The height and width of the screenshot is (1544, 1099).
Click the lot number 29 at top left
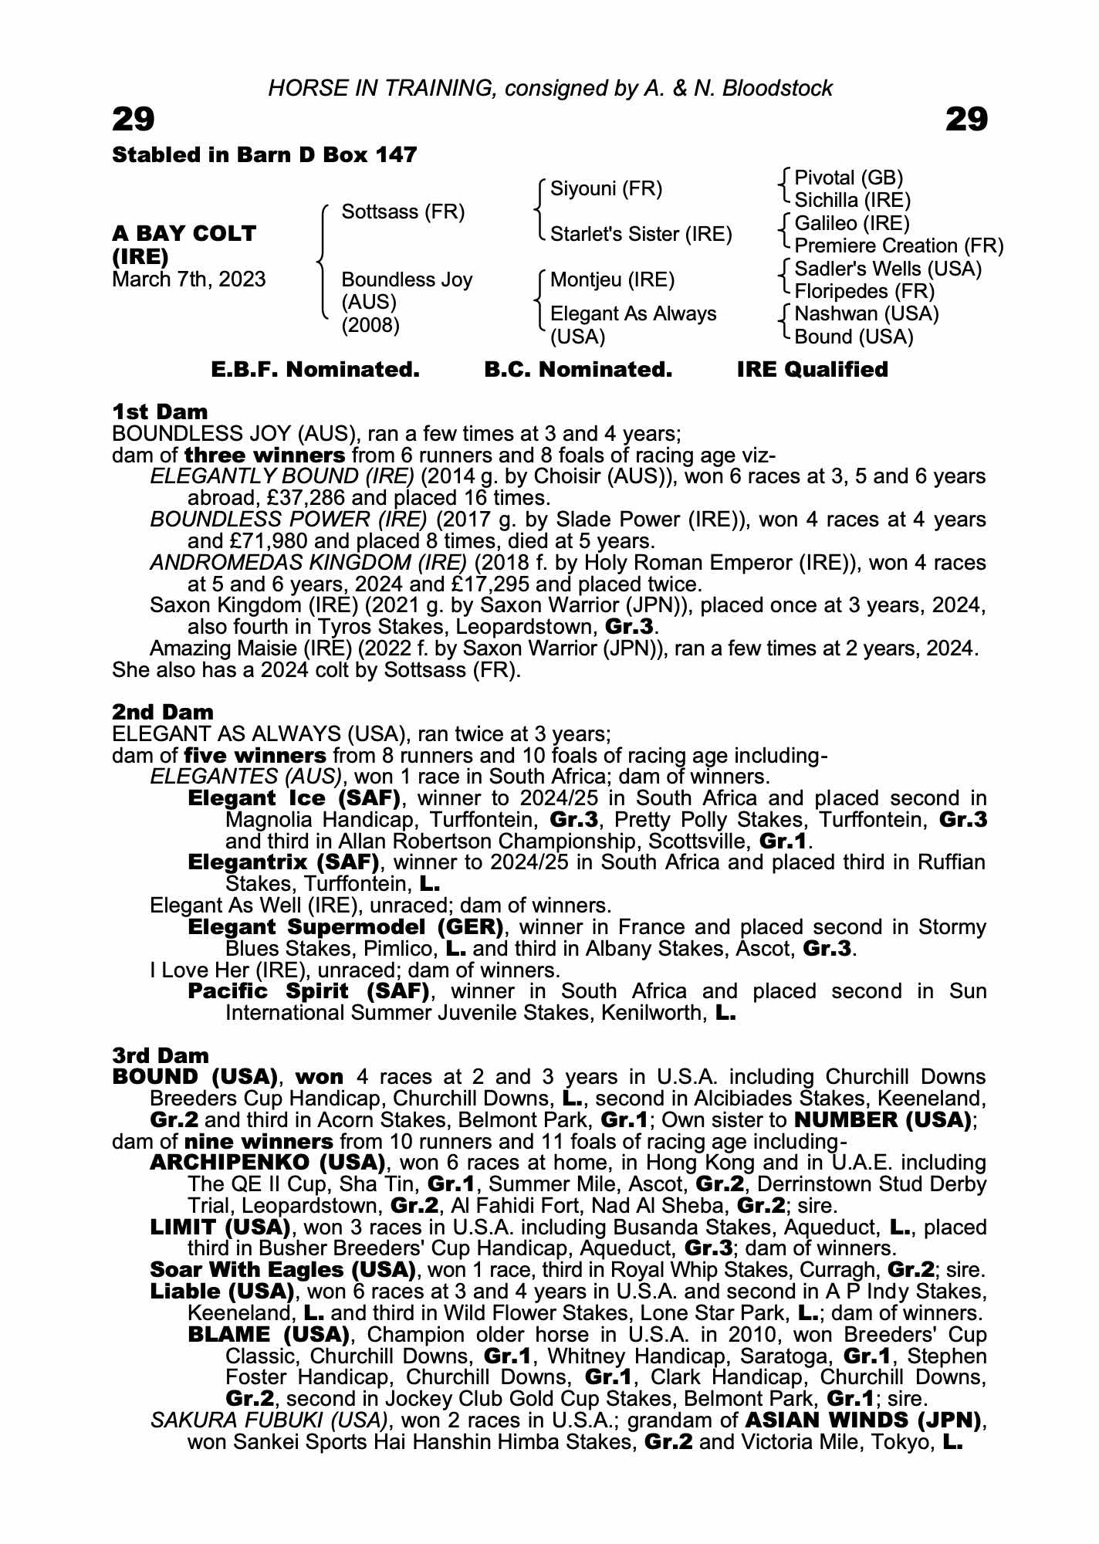click(134, 120)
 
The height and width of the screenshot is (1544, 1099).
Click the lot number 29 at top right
click(966, 120)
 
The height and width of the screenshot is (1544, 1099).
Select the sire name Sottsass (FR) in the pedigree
click(403, 212)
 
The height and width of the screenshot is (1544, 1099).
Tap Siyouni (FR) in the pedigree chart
click(606, 189)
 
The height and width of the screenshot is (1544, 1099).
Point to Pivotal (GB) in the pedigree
click(848, 178)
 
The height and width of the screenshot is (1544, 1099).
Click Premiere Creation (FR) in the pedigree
click(898, 246)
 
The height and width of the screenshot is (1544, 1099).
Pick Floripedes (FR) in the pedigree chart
click(864, 292)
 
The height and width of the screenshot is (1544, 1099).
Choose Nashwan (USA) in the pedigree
click(866, 314)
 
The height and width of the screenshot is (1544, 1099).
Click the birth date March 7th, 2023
click(189, 279)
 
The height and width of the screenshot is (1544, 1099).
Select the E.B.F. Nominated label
click(315, 370)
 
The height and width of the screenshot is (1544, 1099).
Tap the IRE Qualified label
click(812, 370)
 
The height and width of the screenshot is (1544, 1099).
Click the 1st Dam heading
click(160, 411)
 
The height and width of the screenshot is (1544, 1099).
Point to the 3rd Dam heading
click(161, 1055)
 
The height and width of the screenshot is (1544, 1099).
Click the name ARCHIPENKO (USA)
click(267, 1163)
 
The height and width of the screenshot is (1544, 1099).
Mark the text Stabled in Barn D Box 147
click(265, 155)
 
